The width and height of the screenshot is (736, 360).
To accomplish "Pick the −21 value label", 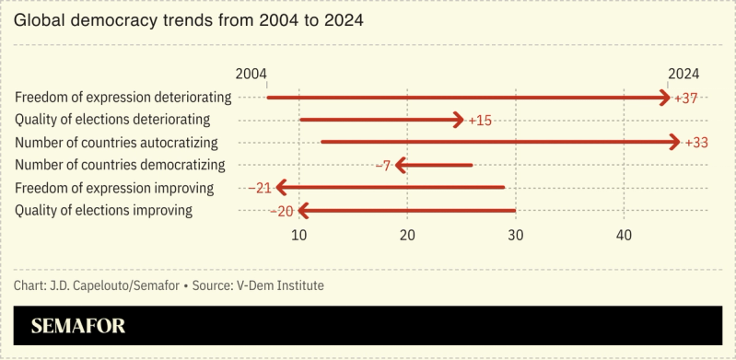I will click(259, 188).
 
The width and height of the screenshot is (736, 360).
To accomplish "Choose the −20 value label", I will click(280, 211).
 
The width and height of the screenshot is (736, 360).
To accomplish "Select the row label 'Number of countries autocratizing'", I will click(116, 143).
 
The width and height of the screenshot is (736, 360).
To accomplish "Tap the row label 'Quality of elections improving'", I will click(104, 211).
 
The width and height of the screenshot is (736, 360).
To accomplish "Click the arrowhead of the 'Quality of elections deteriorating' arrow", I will click(458, 120).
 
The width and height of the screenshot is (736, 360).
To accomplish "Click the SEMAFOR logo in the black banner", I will click(78, 326).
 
